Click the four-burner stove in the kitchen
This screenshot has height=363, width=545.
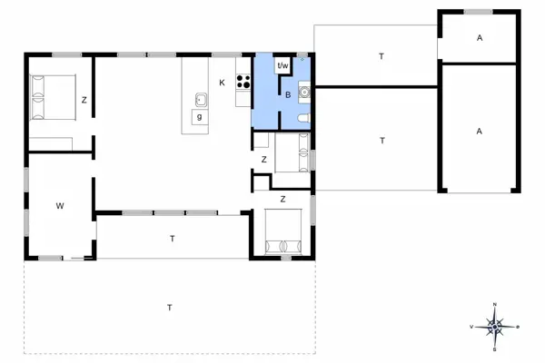[243, 83]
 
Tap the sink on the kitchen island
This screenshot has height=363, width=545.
[198, 98]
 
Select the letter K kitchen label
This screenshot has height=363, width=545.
[222, 83]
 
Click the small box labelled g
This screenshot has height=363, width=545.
[198, 116]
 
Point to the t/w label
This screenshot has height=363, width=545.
[282, 65]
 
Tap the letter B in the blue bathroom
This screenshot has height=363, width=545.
[287, 94]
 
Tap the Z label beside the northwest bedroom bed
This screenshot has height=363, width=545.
[83, 100]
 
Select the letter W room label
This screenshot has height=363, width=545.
[60, 207]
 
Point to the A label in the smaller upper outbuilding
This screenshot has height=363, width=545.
[478, 37]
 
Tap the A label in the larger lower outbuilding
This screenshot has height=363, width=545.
[478, 131]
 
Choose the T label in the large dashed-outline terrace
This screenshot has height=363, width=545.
[170, 309]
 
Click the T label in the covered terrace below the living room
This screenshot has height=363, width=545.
[172, 238]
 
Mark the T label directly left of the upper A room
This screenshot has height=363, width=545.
[381, 56]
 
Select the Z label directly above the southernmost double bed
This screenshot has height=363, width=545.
[282, 199]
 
